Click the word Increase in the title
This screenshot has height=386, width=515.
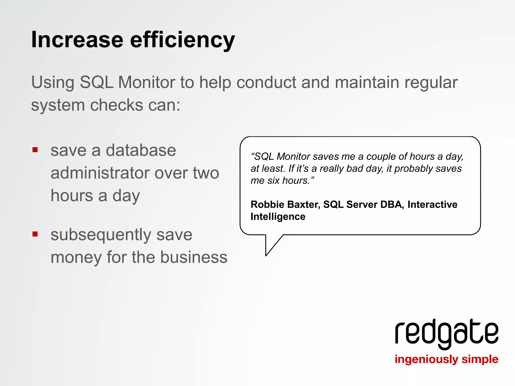pos(77,40)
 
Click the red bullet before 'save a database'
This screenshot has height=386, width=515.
pos(35,150)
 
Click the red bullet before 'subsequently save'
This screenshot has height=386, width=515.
pos(35,234)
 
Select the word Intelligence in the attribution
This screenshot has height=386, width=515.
pos(278,217)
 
